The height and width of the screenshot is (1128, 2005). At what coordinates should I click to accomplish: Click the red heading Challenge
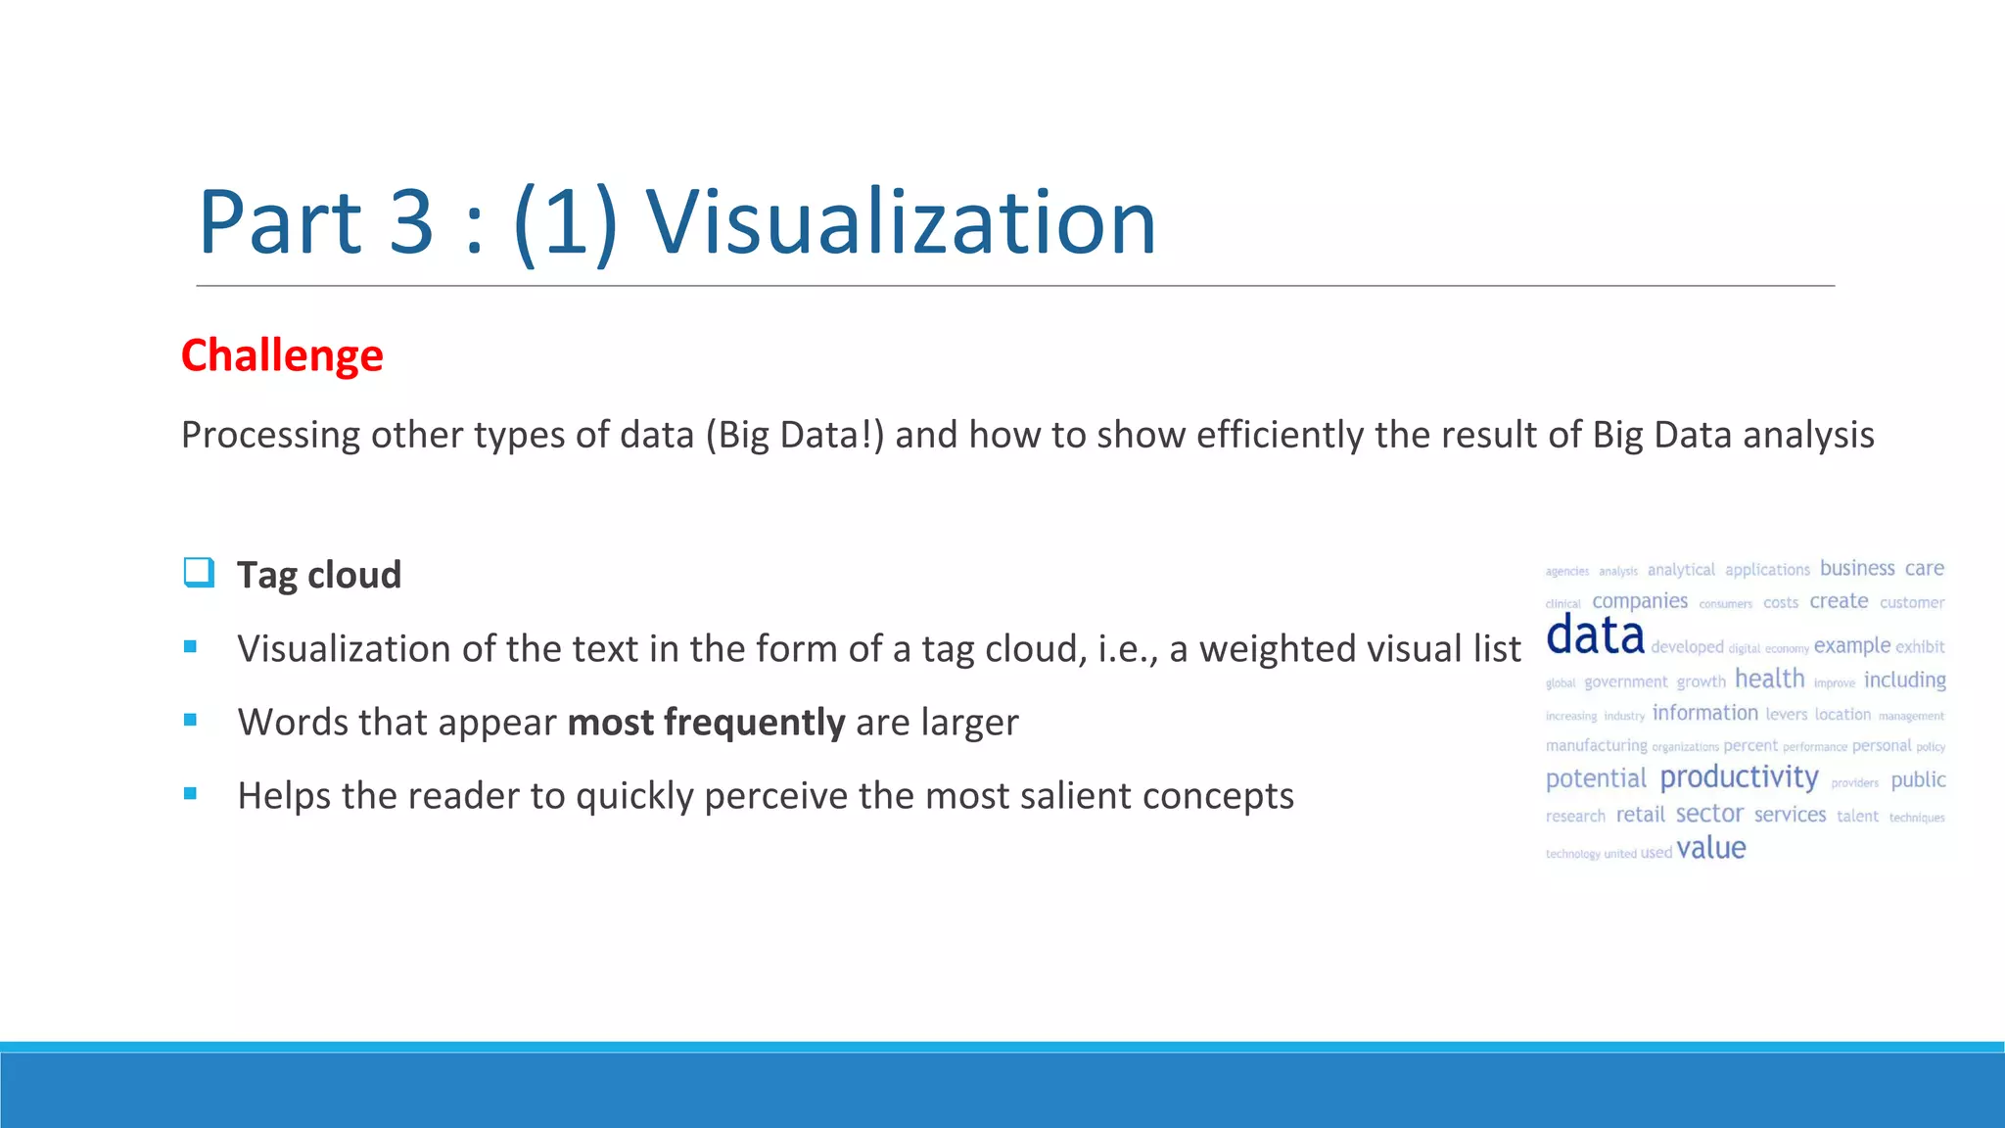coord(282,355)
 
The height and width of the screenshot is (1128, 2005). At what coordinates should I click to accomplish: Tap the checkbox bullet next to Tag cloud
coord(199,573)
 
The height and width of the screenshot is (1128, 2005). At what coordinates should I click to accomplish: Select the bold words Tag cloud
coord(319,575)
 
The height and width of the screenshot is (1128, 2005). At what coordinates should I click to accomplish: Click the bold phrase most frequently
coord(706,723)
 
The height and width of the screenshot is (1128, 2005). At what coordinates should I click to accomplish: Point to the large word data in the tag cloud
coord(1595,635)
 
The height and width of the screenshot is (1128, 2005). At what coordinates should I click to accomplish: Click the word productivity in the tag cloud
coord(1739,777)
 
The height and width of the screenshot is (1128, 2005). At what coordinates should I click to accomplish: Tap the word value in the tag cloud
coord(1710,848)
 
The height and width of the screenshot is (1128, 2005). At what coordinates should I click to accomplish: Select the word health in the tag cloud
coord(1769,679)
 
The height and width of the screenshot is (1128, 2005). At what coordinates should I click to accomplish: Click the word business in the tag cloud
coord(1857,568)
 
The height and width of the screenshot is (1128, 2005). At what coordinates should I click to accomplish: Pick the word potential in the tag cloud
coord(1596,779)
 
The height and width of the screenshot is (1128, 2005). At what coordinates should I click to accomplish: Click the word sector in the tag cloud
coord(1709,814)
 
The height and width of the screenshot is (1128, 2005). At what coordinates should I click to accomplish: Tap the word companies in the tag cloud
coord(1640,601)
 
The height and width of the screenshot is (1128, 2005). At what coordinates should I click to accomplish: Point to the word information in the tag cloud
coord(1704,713)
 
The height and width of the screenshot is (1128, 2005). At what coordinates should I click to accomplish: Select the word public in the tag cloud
coord(1918,780)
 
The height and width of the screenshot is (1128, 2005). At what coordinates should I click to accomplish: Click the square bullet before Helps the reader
coord(191,794)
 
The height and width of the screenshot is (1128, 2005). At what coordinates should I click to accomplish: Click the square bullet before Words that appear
coord(191,721)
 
